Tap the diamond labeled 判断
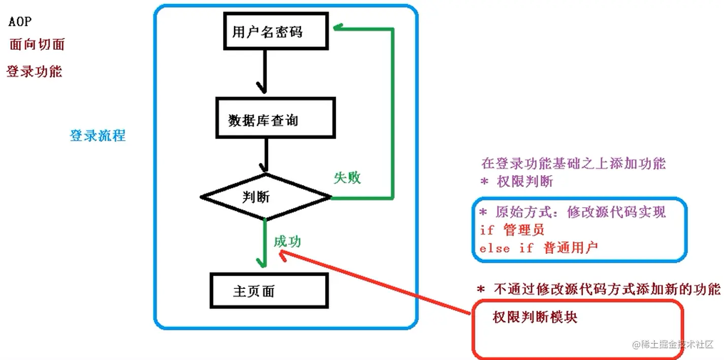pyautogui.click(x=266, y=197)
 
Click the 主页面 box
pyautogui.click(x=269, y=291)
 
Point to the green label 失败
pyautogui.click(x=347, y=178)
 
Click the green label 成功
pyautogui.click(x=287, y=242)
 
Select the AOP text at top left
pyautogui.click(x=20, y=22)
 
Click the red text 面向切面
pyautogui.click(x=37, y=44)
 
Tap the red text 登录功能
pyautogui.click(x=34, y=72)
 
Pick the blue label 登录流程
pyautogui.click(x=97, y=136)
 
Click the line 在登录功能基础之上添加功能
pyautogui.click(x=573, y=163)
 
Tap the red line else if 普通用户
pyautogui.click(x=539, y=248)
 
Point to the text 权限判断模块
pyautogui.click(x=535, y=318)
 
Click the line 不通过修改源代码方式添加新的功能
pyautogui.click(x=599, y=289)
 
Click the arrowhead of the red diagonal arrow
pyautogui.click(x=282, y=254)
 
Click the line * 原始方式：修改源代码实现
pyautogui.click(x=572, y=212)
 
